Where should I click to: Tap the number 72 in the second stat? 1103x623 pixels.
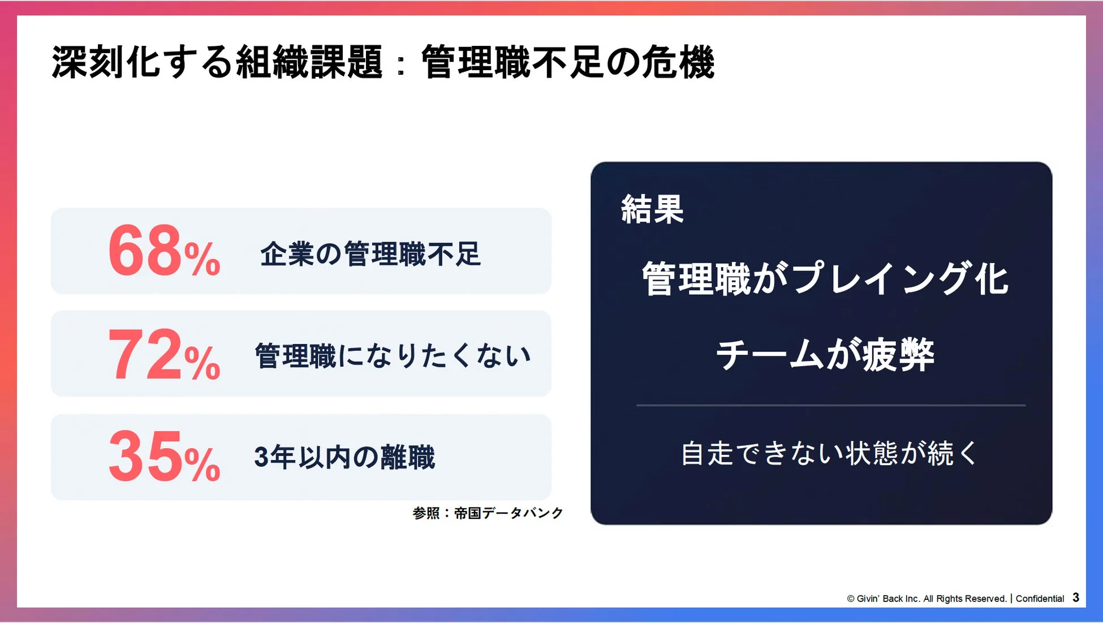(144, 355)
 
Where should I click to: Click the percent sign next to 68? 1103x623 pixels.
(202, 259)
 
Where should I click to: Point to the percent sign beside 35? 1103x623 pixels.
(202, 465)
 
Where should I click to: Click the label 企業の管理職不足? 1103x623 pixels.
(370, 254)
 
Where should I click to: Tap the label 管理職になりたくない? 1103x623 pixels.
(393, 356)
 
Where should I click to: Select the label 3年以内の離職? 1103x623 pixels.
(344, 457)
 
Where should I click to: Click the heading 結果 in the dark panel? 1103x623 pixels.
(652, 209)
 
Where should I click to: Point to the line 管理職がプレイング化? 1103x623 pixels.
(825, 278)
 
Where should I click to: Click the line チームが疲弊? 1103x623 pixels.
(825, 355)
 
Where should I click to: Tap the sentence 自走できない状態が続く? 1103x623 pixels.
(829, 454)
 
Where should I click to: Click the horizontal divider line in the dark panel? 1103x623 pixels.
(830, 405)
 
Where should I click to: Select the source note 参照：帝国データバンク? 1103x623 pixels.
(488, 513)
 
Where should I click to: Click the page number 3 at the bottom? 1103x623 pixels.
(1075, 598)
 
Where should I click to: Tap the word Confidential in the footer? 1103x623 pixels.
(1040, 599)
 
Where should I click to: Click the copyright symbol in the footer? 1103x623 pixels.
(850, 599)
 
